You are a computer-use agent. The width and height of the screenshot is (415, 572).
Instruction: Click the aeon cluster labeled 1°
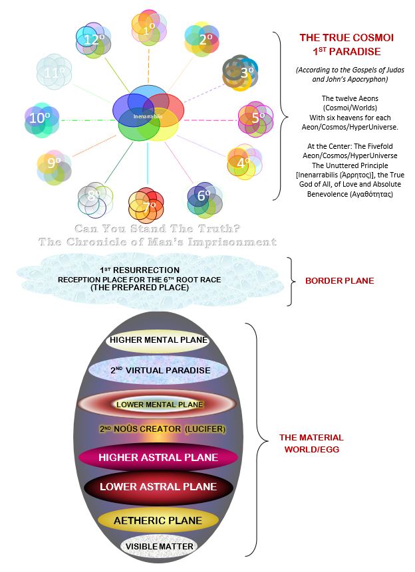click(149, 28)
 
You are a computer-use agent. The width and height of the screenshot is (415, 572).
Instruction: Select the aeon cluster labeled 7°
click(146, 205)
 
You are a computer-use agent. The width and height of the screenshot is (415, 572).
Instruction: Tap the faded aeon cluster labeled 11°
click(54, 72)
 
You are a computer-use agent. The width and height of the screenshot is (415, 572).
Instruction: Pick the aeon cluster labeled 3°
click(240, 73)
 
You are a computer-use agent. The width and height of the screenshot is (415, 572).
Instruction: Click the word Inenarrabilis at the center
click(148, 116)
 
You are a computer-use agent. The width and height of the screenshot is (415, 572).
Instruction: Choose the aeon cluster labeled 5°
click(256, 119)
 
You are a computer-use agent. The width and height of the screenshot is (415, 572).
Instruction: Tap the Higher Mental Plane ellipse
click(158, 340)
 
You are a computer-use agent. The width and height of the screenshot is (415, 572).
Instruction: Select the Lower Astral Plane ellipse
click(158, 487)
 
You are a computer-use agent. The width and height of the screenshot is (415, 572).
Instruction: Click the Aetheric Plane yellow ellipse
click(158, 521)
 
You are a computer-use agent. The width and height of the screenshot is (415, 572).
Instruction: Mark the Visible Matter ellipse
click(159, 546)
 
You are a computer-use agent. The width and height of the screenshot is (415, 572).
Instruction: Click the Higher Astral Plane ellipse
click(158, 458)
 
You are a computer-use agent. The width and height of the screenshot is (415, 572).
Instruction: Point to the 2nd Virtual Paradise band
click(158, 370)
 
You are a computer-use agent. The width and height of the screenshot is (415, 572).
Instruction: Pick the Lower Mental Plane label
click(160, 405)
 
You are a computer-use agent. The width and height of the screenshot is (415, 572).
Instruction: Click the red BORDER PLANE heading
click(340, 280)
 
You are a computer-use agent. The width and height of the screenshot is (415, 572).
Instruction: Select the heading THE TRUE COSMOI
click(346, 38)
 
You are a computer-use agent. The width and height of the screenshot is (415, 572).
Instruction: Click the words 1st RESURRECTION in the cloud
click(140, 270)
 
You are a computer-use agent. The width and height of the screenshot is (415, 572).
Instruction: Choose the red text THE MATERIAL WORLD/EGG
click(312, 443)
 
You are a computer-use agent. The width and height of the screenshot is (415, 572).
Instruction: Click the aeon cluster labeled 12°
click(94, 40)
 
